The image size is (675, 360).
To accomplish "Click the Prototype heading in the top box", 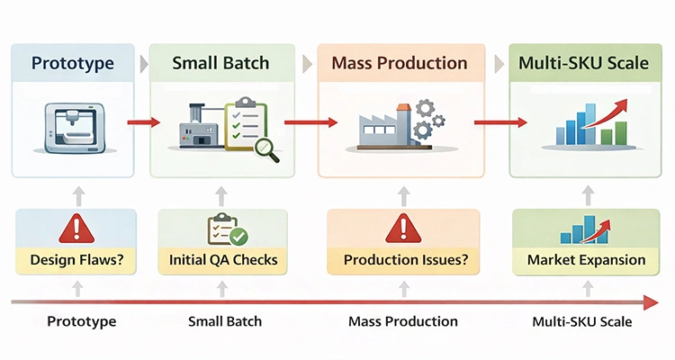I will [x=74, y=63].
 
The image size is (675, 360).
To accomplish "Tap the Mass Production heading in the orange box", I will [x=399, y=63].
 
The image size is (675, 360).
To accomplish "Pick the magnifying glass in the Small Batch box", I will [x=266, y=148].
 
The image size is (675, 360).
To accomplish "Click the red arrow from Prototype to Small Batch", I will [x=143, y=122].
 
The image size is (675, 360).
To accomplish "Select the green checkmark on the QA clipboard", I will [x=238, y=237].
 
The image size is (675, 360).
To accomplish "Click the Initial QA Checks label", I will [x=223, y=261].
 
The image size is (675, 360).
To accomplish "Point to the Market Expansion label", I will [x=586, y=260].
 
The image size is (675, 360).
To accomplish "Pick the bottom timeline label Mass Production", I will [x=402, y=321].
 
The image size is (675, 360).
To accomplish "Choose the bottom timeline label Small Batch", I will [x=223, y=321].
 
